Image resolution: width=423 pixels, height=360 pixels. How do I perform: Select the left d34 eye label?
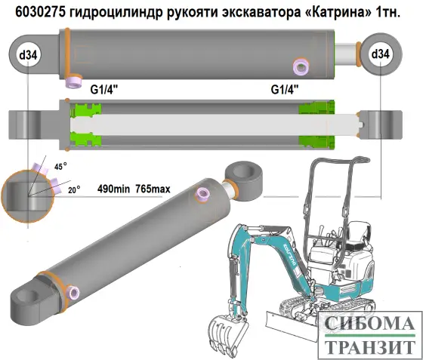(29, 54)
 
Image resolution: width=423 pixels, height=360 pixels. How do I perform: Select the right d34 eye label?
(380, 54)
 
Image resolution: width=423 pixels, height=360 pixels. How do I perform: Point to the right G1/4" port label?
(285, 89)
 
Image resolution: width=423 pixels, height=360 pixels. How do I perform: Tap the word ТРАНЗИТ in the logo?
(369, 347)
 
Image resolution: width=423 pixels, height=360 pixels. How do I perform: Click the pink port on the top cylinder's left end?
(74, 79)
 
